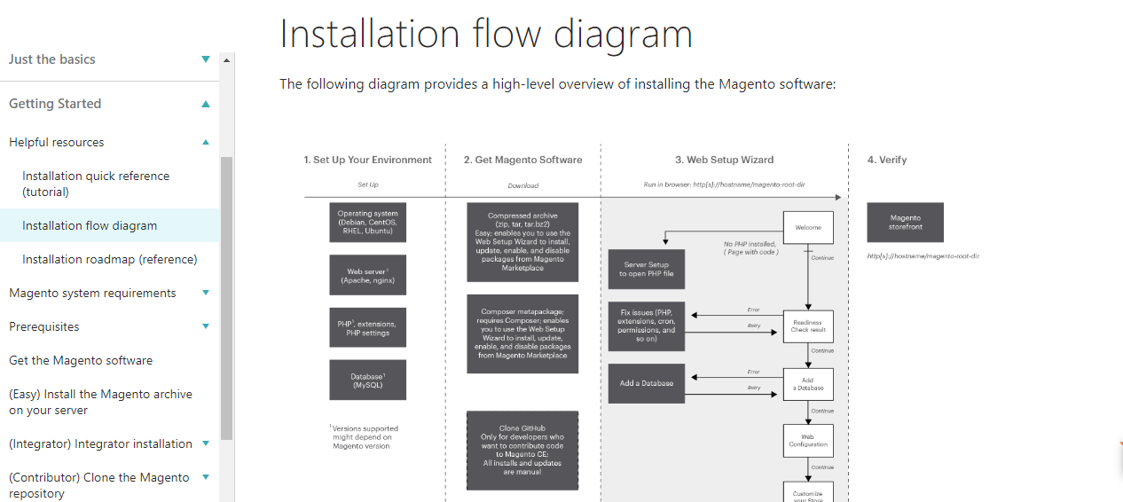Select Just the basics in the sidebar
point(52,59)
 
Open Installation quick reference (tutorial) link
point(96,184)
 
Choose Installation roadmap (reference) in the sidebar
point(110,259)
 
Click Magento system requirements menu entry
point(92,293)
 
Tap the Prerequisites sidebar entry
point(44,326)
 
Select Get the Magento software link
point(81,360)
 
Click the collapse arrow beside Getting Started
point(206,104)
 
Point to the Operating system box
point(367,222)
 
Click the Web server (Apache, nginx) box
point(367,275)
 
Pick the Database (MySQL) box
point(367,380)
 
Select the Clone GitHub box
point(522,450)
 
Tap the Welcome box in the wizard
point(807,228)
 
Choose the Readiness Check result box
point(807,326)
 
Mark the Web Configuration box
point(807,440)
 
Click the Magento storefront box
point(905,222)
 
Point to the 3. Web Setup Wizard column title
point(724,160)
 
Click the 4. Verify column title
point(886,160)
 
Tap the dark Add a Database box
point(646,383)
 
